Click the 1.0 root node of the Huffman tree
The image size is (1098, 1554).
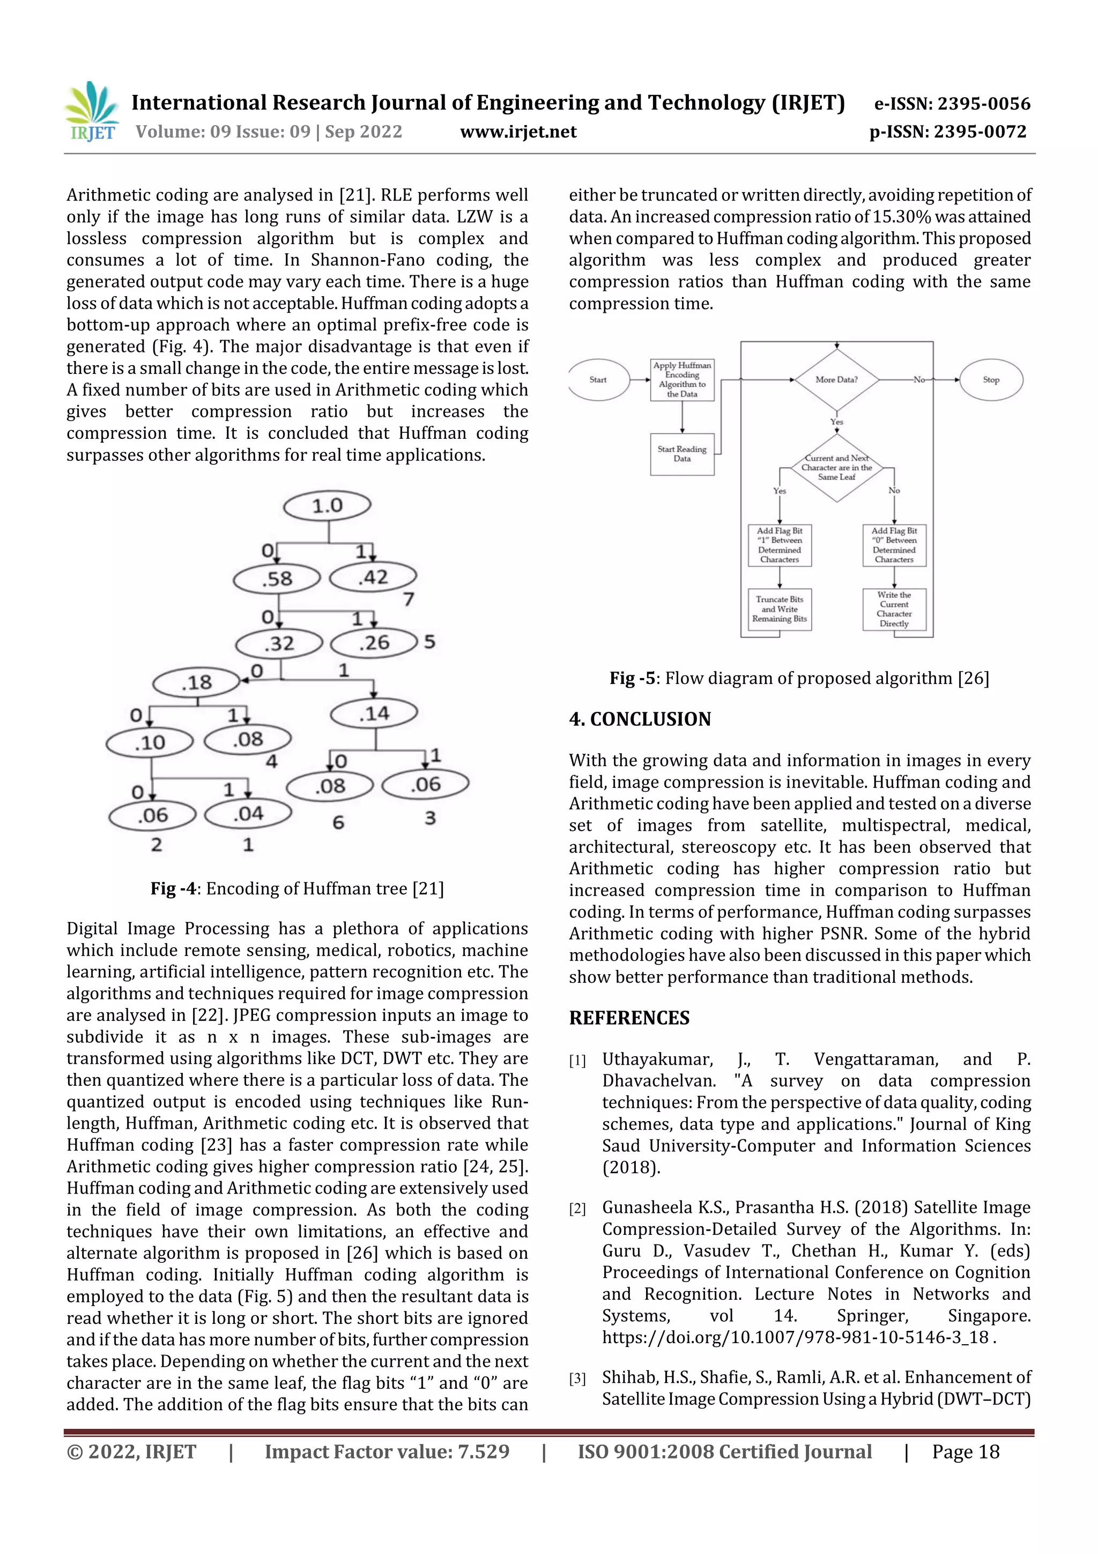[x=328, y=506]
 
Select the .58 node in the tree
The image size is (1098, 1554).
[x=277, y=579]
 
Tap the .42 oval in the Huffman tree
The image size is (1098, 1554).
[x=373, y=577]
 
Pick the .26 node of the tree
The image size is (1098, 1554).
[x=374, y=642]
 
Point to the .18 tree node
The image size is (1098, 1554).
[x=196, y=682]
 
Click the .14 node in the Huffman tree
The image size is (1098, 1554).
[x=374, y=713]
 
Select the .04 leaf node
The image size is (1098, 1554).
[x=248, y=814]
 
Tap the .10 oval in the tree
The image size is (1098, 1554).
[x=150, y=742]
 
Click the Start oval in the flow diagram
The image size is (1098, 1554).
[x=598, y=380]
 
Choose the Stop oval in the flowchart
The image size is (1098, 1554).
[x=991, y=380]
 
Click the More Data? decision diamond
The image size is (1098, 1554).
[x=837, y=380]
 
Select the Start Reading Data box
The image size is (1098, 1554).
[x=682, y=454]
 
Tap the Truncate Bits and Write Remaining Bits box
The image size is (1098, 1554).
[x=780, y=609]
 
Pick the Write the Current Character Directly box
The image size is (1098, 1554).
[x=894, y=609]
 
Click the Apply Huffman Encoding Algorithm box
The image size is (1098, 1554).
[x=682, y=380]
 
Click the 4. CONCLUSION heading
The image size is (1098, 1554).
[x=640, y=719]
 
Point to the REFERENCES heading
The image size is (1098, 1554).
[x=629, y=1018]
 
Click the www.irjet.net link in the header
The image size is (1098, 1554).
[x=518, y=132]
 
